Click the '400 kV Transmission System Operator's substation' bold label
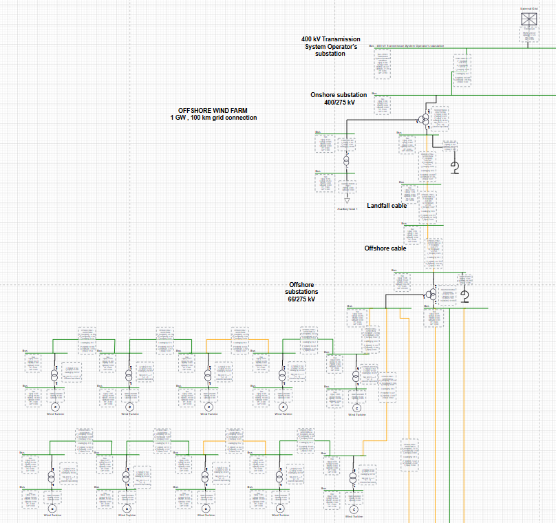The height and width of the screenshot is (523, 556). pos(330,46)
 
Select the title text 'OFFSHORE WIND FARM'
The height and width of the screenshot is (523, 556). pos(213,110)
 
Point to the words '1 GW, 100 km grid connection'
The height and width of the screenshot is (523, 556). pos(213,118)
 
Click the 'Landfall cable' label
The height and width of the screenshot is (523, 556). pos(387,205)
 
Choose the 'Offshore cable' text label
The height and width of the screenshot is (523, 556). pos(385,248)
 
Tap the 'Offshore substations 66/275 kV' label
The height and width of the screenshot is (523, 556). pos(302,292)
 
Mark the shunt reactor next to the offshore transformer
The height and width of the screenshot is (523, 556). pos(464,296)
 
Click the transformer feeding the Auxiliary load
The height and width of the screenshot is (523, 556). pos(347,160)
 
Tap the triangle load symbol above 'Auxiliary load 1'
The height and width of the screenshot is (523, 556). pos(347,200)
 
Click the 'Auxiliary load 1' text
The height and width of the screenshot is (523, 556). pos(347,208)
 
